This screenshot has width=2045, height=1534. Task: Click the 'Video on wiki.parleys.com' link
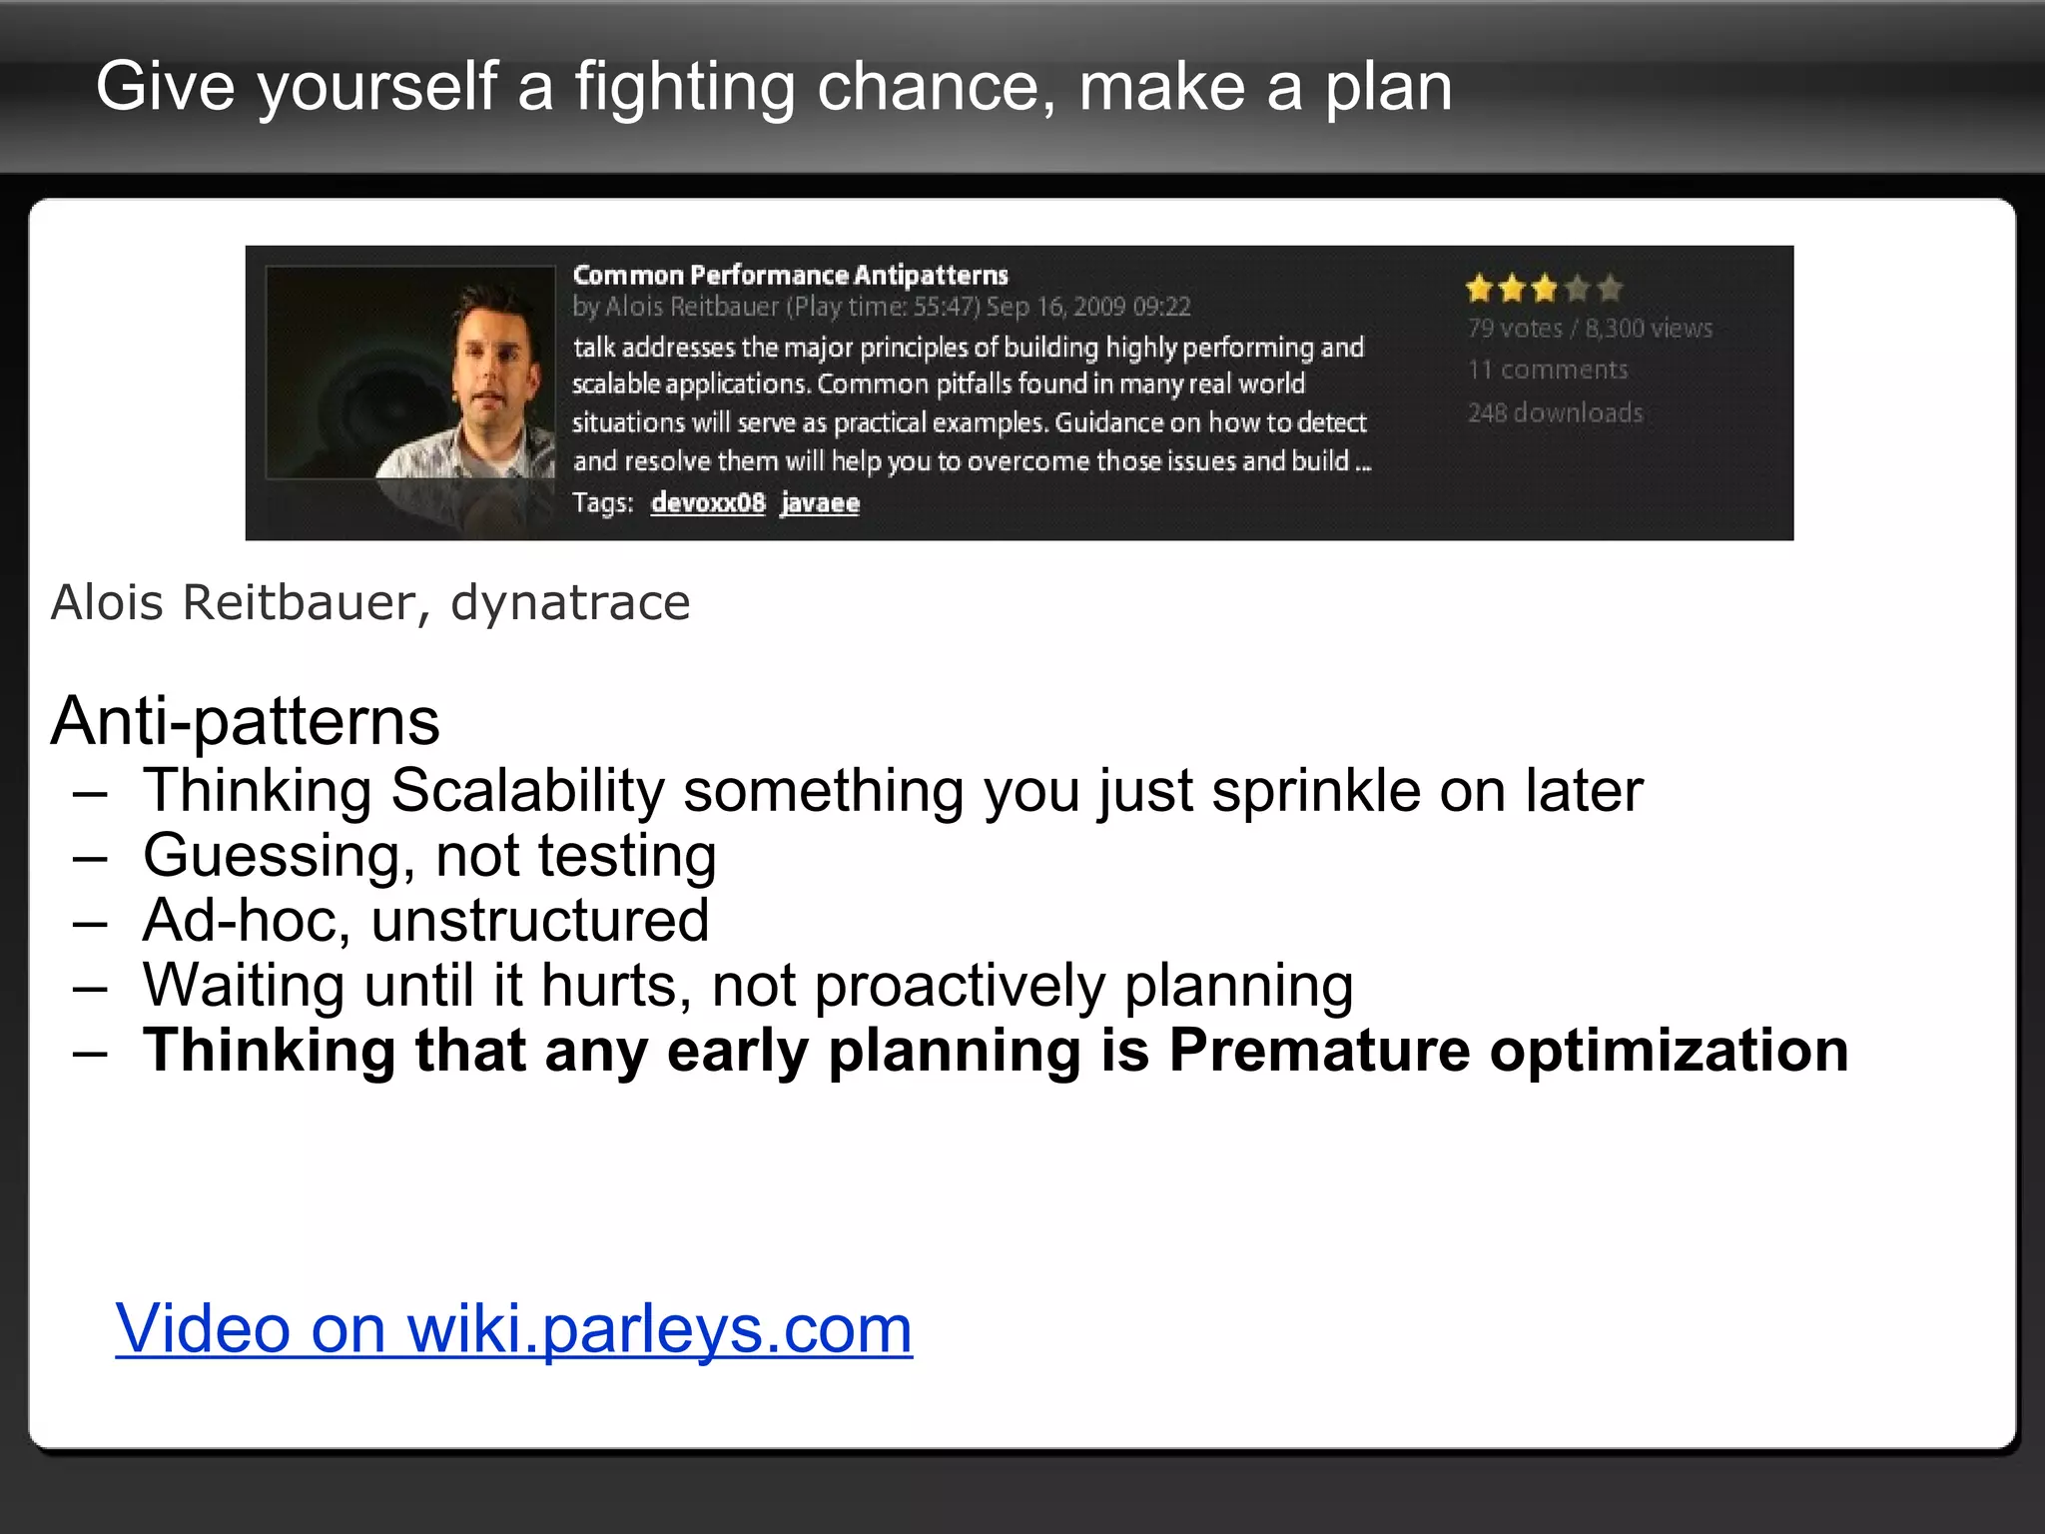(x=513, y=1329)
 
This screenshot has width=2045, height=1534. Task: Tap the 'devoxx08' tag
(x=707, y=502)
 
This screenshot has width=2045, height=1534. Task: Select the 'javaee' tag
(x=819, y=502)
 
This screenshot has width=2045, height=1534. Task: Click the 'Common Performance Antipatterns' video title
(x=790, y=275)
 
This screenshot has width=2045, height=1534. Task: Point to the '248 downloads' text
(x=1555, y=412)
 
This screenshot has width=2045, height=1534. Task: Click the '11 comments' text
(x=1547, y=370)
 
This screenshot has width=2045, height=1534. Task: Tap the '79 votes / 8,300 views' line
(x=1590, y=328)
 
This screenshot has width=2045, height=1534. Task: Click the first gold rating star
(x=1479, y=289)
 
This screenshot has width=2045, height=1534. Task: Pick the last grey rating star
(x=1609, y=289)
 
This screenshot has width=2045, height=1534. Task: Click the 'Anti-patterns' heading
(x=245, y=721)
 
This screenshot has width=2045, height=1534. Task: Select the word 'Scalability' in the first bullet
(x=526, y=791)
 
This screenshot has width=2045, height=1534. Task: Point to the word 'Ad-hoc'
(x=246, y=920)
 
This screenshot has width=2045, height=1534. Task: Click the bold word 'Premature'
(x=1318, y=1051)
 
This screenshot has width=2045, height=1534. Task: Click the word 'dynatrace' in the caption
(x=569, y=603)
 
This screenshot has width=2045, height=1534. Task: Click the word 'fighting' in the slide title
(x=684, y=88)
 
